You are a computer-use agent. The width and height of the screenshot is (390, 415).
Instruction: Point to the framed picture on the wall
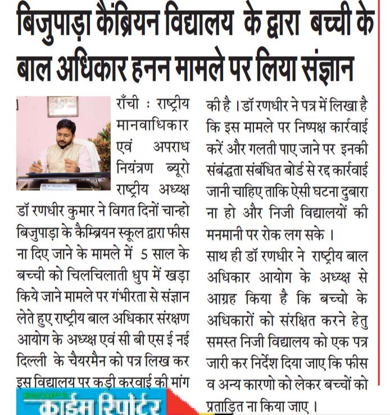[63, 105]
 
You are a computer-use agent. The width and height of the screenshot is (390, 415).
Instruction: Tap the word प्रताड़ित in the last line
[230, 404]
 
